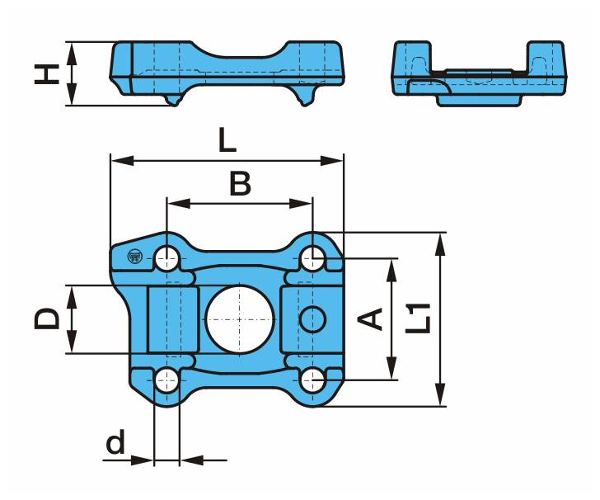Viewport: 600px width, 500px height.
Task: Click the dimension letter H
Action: coord(47,73)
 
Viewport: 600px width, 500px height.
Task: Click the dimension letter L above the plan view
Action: coord(227,139)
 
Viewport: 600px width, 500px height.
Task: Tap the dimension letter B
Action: coord(240,183)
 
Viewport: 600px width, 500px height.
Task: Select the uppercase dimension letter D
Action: coord(47,318)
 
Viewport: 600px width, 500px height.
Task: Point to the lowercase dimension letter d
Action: coord(115,441)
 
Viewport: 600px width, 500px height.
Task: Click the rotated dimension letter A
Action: coord(370,318)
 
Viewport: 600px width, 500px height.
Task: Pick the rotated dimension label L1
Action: coord(418,318)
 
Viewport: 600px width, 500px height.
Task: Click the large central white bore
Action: coord(240,319)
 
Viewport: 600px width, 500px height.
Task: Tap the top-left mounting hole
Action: coord(167,258)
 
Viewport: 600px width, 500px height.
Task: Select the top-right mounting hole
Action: coord(312,258)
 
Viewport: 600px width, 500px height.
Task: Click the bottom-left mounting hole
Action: coord(167,380)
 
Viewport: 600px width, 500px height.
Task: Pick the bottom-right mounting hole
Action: coord(312,380)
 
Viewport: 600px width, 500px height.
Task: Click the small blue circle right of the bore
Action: coord(312,319)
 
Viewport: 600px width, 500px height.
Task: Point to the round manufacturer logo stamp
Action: coord(134,257)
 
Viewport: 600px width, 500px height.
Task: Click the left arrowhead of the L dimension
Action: coord(122,161)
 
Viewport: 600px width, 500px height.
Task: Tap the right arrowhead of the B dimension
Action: coord(301,204)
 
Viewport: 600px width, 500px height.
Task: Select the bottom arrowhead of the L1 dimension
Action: coord(441,394)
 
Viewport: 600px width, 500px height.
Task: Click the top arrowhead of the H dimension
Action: coord(72,54)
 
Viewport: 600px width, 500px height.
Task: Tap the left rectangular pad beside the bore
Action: coord(173,319)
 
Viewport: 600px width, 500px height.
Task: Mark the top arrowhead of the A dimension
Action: coord(391,271)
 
